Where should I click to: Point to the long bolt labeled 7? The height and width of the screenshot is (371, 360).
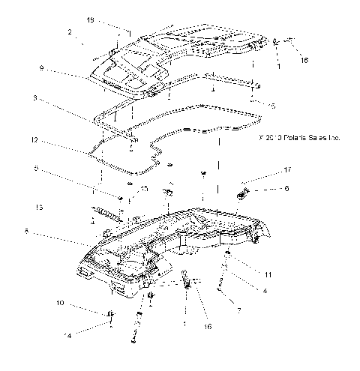(x=223, y=287)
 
